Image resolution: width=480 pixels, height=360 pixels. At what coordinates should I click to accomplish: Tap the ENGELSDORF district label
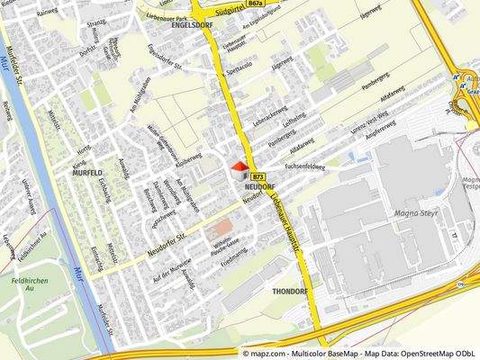191,26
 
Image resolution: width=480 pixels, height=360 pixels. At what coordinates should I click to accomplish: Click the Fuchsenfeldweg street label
304,166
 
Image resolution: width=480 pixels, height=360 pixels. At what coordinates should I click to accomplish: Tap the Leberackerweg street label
269,118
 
